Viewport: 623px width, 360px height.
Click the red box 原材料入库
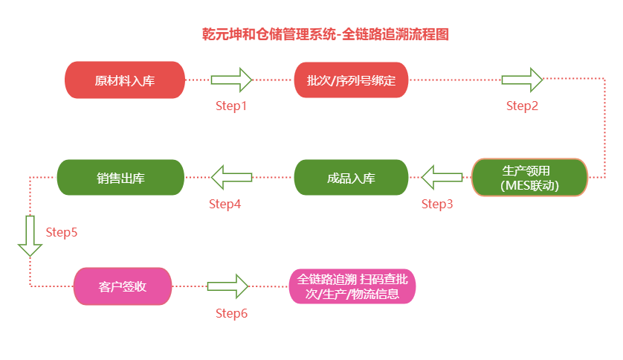pyautogui.click(x=124, y=80)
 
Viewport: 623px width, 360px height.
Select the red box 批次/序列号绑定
pyautogui.click(x=352, y=80)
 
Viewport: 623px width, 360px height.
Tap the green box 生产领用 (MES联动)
pyautogui.click(x=529, y=178)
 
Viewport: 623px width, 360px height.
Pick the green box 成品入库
pyautogui.click(x=351, y=178)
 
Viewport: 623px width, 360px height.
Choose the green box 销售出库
pyautogui.click(x=120, y=178)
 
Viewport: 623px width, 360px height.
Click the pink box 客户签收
pyautogui.click(x=123, y=286)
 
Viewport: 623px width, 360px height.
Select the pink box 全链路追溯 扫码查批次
pyautogui.click(x=352, y=286)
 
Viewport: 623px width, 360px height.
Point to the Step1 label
pyautogui.click(x=231, y=106)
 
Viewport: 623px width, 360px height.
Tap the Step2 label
pyautogui.click(x=522, y=106)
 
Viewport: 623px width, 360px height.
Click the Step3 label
pyautogui.click(x=437, y=204)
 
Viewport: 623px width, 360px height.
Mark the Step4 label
pyautogui.click(x=225, y=204)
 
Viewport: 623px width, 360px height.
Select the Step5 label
pyautogui.click(x=62, y=232)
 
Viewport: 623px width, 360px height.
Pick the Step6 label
pyautogui.click(x=231, y=313)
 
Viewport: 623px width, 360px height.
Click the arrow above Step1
pyautogui.click(x=231, y=79)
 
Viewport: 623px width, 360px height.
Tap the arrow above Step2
pyautogui.click(x=522, y=79)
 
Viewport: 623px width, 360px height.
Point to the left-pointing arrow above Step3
pyautogui.click(x=442, y=178)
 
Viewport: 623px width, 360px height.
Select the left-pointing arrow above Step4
pyautogui.click(x=231, y=178)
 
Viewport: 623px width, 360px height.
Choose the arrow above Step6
pyautogui.click(x=227, y=286)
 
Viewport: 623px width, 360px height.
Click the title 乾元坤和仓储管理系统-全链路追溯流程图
pyautogui.click(x=325, y=34)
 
